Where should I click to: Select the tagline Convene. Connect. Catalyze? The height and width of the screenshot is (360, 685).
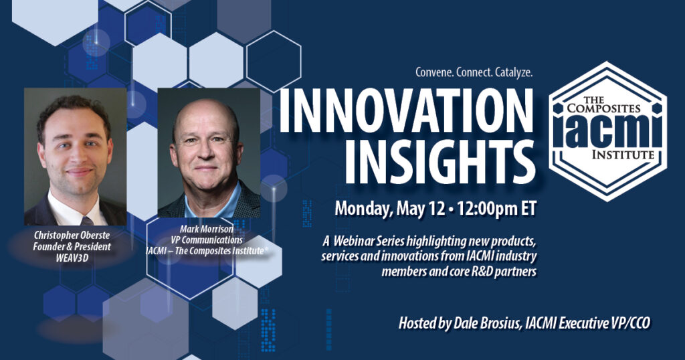[x=474, y=72]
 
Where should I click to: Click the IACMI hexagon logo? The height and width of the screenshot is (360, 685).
[x=607, y=130]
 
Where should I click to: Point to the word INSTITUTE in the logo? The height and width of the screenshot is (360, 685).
[x=623, y=154]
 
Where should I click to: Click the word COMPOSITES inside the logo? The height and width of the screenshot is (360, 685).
[x=604, y=107]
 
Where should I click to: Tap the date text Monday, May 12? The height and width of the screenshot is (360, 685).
[x=390, y=209]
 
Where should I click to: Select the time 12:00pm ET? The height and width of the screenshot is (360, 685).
[x=497, y=208]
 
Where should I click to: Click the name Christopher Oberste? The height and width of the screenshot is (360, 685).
[x=72, y=236]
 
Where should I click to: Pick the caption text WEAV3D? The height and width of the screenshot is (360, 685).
[x=72, y=258]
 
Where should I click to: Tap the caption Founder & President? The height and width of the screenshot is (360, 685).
[x=72, y=246]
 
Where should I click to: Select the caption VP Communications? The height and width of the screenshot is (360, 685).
[x=207, y=240]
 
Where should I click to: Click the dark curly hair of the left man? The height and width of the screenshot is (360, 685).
[x=73, y=111]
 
